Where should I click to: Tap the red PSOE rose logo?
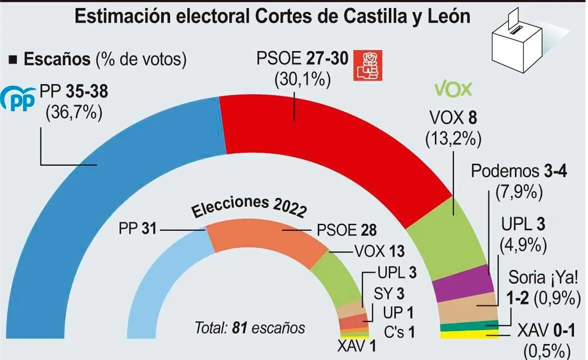(x=368, y=65)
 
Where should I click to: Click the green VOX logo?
(x=453, y=89)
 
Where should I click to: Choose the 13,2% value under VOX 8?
(x=453, y=139)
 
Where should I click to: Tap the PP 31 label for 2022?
(x=137, y=229)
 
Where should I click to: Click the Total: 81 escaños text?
(x=250, y=328)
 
